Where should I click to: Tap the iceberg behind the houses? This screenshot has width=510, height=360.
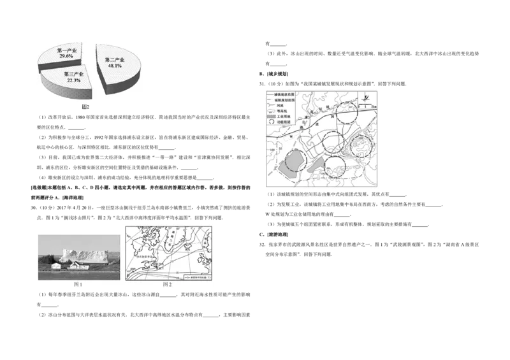click(86, 254)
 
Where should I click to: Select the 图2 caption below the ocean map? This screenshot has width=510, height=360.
click(168, 284)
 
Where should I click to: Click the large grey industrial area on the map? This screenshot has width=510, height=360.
click(289, 165)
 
